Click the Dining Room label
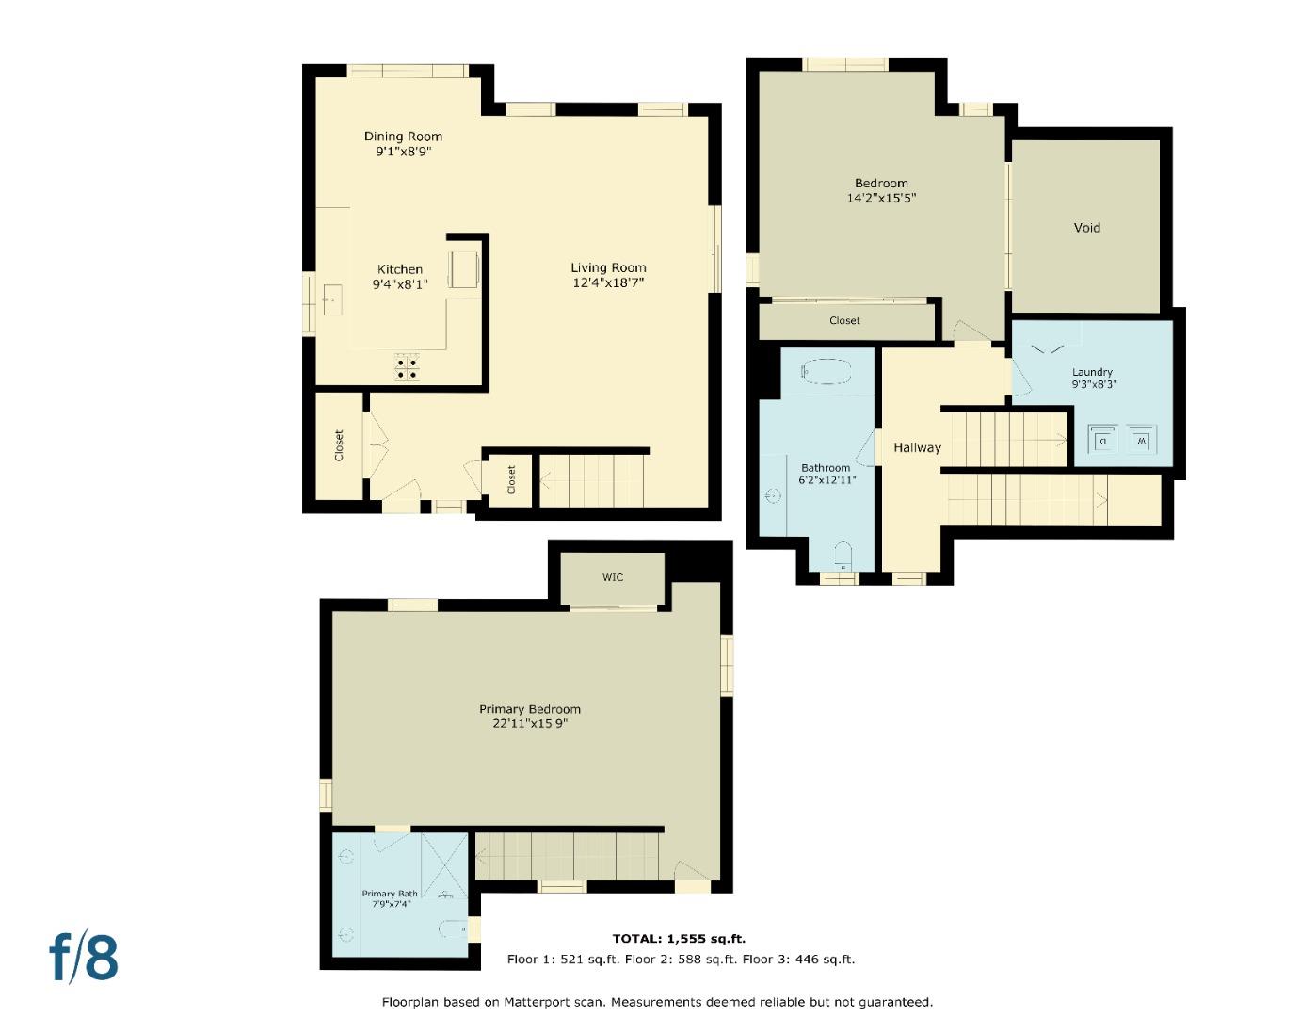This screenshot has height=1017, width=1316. (x=403, y=137)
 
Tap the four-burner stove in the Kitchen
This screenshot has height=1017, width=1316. (x=407, y=367)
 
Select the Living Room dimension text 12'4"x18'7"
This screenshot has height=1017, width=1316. (x=608, y=282)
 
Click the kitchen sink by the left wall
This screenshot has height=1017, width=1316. (x=331, y=300)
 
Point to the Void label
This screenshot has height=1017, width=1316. (x=1086, y=228)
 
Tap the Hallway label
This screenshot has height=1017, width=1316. (x=917, y=447)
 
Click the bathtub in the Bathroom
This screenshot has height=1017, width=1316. (x=827, y=370)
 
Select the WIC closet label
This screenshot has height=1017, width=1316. (x=613, y=577)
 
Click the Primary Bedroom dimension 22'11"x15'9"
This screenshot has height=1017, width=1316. (x=529, y=724)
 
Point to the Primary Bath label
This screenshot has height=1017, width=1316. (x=390, y=894)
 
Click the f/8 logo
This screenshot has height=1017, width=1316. (x=84, y=957)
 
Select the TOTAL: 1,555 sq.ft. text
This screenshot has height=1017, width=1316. (x=679, y=939)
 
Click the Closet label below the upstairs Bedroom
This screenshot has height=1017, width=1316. (x=844, y=321)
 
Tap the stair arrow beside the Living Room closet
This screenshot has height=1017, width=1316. (x=547, y=479)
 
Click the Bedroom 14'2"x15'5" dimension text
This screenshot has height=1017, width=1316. (x=881, y=199)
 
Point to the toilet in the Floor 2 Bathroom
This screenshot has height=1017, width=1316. (x=843, y=555)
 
